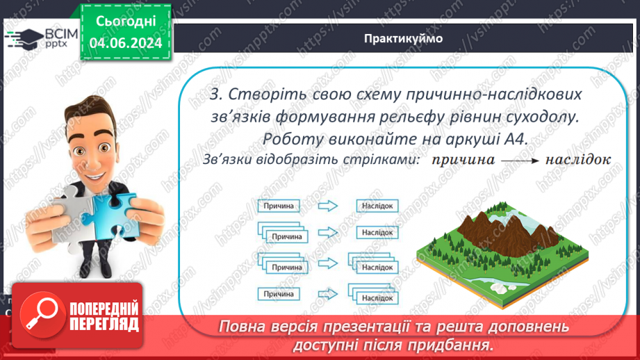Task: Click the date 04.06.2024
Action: pyautogui.click(x=124, y=43)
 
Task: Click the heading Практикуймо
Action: pyautogui.click(x=402, y=39)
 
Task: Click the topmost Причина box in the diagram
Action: pyautogui.click(x=279, y=206)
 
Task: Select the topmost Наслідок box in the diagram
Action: pyautogui.click(x=378, y=206)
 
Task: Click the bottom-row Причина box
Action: pyautogui.click(x=279, y=294)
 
